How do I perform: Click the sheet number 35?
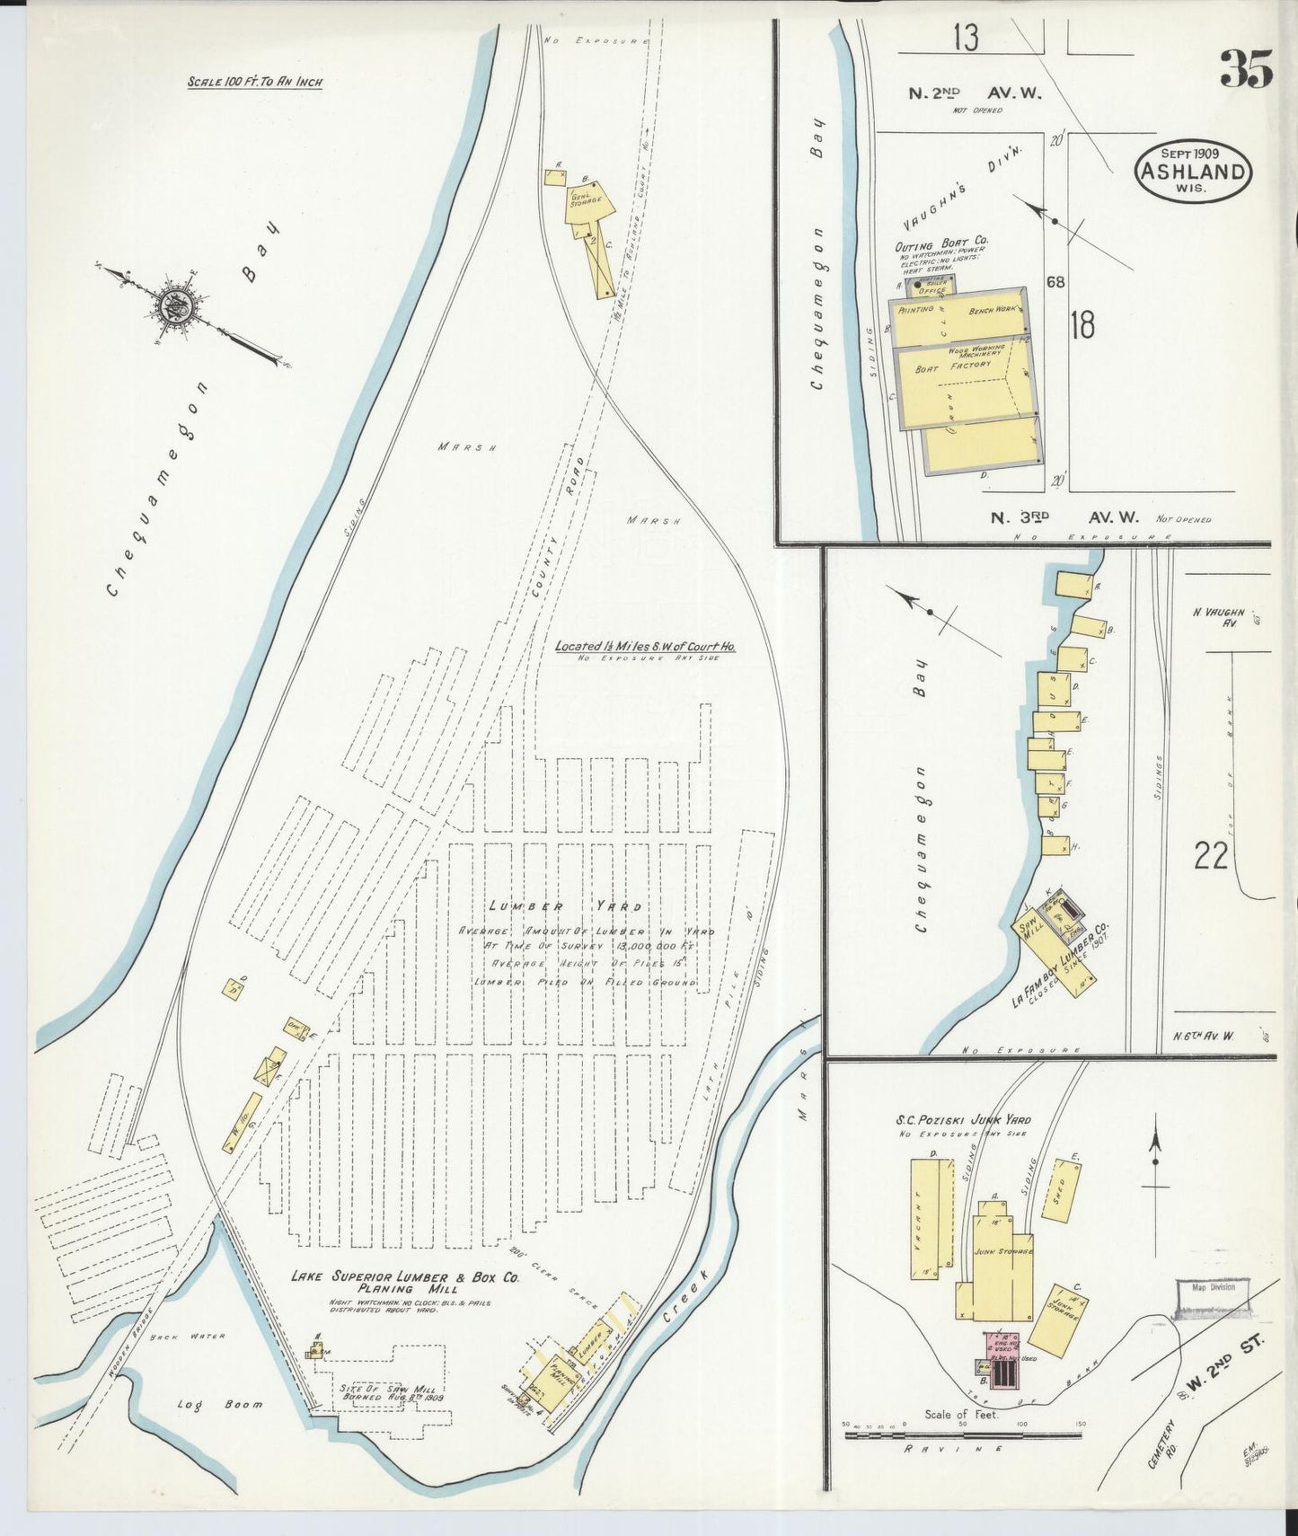point(1246,69)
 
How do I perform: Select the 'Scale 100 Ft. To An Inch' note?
point(254,82)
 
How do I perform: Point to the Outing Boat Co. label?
point(940,243)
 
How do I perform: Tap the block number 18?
point(1082,325)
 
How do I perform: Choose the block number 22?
point(1210,856)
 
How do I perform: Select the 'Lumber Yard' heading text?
point(565,906)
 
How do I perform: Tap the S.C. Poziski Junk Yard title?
point(962,1120)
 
